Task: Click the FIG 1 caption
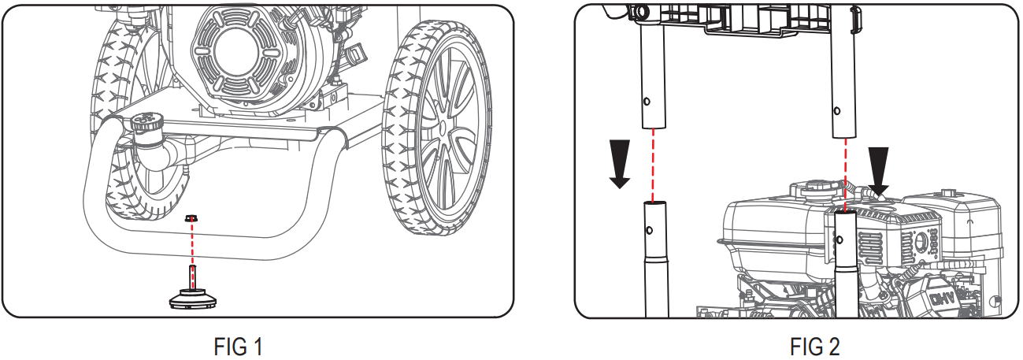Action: coord(238,347)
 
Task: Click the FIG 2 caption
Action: coord(814,347)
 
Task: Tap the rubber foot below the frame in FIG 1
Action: coord(194,299)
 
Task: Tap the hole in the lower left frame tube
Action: coord(649,230)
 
